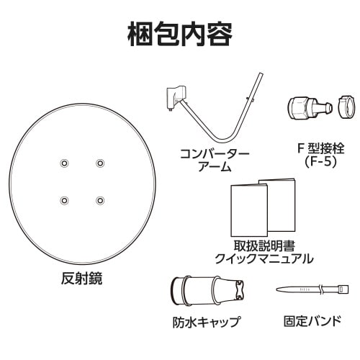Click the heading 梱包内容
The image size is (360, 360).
pyautogui.click(x=180, y=33)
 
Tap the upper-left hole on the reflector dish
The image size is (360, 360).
pyautogui.click(x=64, y=162)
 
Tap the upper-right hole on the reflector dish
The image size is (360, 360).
pyautogui.click(x=99, y=162)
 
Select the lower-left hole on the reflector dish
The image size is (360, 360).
pyautogui.click(x=64, y=199)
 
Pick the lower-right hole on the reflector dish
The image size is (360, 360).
pyautogui.click(x=99, y=199)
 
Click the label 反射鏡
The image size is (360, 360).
pyautogui.click(x=81, y=279)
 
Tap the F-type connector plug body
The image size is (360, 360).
pyautogui.click(x=303, y=107)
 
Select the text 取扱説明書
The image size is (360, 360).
pyautogui.click(x=263, y=244)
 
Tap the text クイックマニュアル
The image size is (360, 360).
pyautogui.click(x=263, y=258)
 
